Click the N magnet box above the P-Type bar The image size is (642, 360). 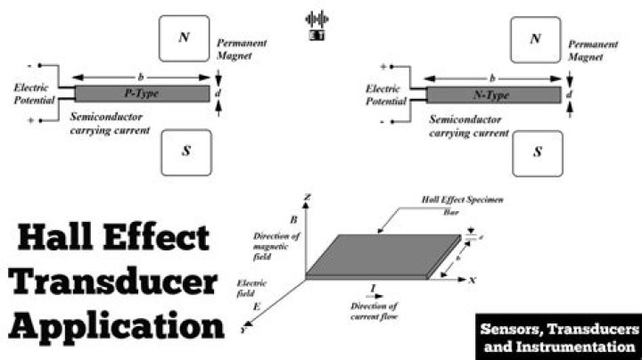(184, 38)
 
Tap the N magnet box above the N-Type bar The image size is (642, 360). (535, 38)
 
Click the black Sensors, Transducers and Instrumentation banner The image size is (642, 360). (558, 336)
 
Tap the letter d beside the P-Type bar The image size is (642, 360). (219, 93)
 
